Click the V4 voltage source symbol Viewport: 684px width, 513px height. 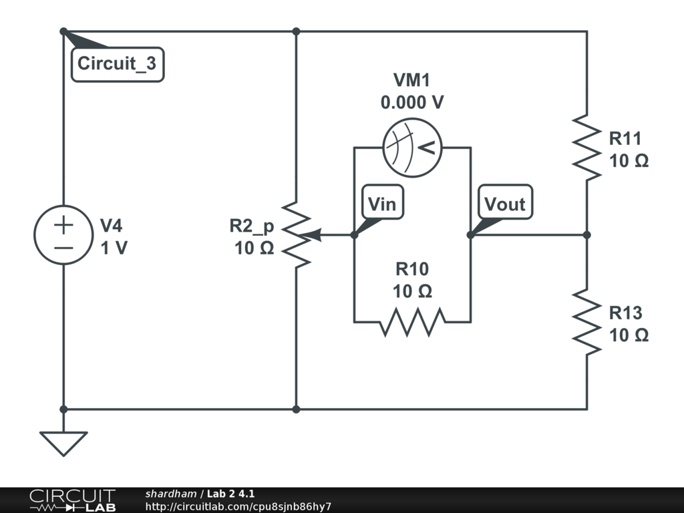pyautogui.click(x=63, y=234)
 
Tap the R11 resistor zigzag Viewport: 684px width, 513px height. pyautogui.click(x=586, y=148)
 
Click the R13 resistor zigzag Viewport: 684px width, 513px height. pyautogui.click(x=586, y=322)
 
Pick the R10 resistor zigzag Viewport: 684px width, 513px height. pyautogui.click(x=412, y=321)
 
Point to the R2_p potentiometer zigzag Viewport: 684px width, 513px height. pyautogui.click(x=296, y=234)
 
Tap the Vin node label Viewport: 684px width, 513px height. pyautogui.click(x=382, y=204)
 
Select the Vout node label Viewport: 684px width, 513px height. pyautogui.click(x=504, y=204)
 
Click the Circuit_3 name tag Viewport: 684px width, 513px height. pyautogui.click(x=117, y=64)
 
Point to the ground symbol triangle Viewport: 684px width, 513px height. pyautogui.click(x=63, y=443)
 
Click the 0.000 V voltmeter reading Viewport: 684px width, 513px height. pyautogui.click(x=412, y=103)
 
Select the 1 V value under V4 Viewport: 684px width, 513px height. pyautogui.click(x=114, y=248)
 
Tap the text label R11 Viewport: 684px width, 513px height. pyautogui.click(x=625, y=138)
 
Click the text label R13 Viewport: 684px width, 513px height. pyautogui.click(x=625, y=313)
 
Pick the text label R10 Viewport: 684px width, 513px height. pyautogui.click(x=412, y=269)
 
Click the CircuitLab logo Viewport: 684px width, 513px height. pyautogui.click(x=72, y=500)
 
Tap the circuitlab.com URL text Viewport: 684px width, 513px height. pyautogui.click(x=238, y=507)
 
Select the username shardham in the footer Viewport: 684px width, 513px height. pyautogui.click(x=170, y=494)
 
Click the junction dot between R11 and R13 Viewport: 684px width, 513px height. pyautogui.click(x=586, y=235)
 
